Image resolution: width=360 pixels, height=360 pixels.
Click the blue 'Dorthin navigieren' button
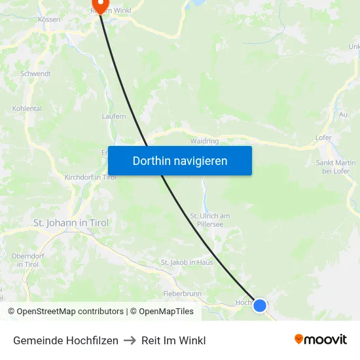click(x=180, y=160)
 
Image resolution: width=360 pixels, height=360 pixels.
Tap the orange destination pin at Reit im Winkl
click(x=100, y=5)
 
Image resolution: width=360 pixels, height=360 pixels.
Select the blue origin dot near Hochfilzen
click(x=260, y=306)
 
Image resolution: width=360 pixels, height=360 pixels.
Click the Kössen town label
click(x=49, y=20)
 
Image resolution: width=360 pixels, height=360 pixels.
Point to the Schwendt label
click(x=35, y=74)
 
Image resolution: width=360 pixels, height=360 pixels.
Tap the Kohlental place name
click(x=27, y=109)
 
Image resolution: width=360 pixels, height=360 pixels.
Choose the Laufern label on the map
click(x=114, y=117)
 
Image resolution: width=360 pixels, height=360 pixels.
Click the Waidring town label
click(x=204, y=141)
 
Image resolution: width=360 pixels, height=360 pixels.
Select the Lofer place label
click(x=323, y=138)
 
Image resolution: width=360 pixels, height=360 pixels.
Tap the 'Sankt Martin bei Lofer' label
click(x=335, y=167)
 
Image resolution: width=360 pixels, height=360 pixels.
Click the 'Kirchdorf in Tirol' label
click(x=90, y=177)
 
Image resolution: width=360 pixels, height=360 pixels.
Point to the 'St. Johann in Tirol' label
click(x=71, y=223)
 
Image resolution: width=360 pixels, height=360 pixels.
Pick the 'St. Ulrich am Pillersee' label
click(x=209, y=220)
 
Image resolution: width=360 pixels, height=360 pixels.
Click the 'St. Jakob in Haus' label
click(x=187, y=262)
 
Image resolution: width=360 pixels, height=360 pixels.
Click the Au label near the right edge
click(x=343, y=114)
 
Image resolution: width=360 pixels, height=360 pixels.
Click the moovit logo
click(x=321, y=339)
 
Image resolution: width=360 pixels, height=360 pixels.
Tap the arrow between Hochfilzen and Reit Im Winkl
click(x=130, y=340)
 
